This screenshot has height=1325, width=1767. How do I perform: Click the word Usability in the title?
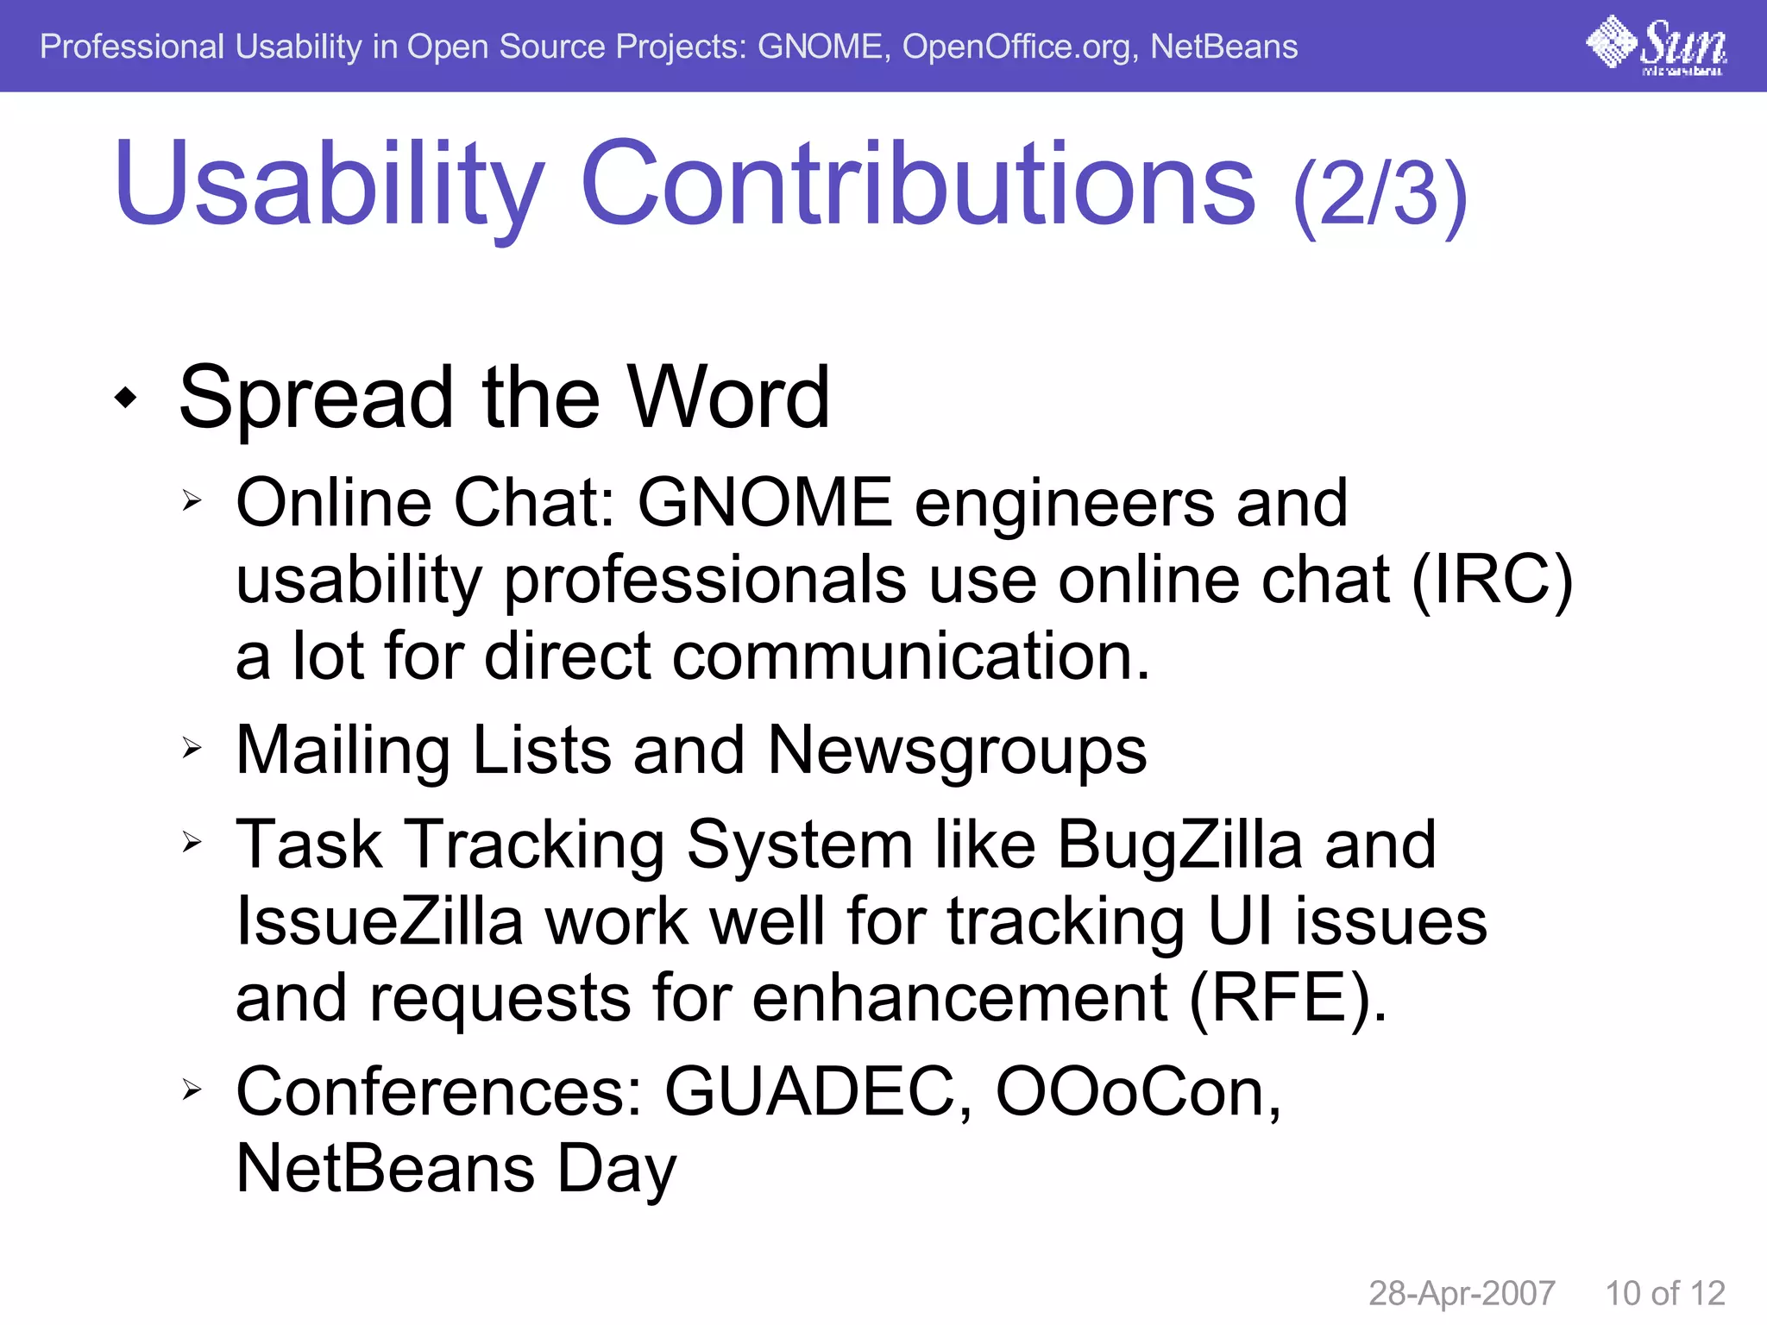click(x=328, y=185)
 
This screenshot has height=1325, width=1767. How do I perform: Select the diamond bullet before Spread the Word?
click(x=126, y=398)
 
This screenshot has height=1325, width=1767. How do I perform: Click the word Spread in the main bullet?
click(x=316, y=399)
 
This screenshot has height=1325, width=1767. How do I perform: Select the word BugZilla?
click(x=1179, y=845)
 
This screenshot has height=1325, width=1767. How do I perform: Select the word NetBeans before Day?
click(x=385, y=1170)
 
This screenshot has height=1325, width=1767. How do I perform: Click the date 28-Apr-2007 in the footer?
click(x=1462, y=1293)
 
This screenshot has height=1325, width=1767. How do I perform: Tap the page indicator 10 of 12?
click(x=1664, y=1293)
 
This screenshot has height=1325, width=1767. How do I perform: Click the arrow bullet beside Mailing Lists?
click(x=192, y=748)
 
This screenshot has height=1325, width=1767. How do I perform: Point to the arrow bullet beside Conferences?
click(x=192, y=1090)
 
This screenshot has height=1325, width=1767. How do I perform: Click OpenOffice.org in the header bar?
click(x=1016, y=47)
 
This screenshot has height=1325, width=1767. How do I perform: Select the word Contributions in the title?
click(x=918, y=185)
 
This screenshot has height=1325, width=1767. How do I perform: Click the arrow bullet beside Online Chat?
click(x=192, y=500)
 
